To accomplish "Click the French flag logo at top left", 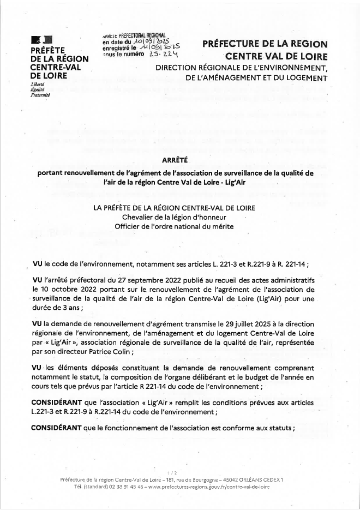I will pyautogui.click(x=42, y=40).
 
